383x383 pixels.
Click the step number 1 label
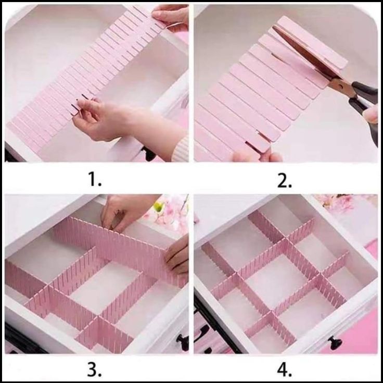click(x=95, y=179)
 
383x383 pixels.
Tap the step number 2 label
click(x=285, y=181)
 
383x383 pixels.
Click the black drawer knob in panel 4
click(x=335, y=342)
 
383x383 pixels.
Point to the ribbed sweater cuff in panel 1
click(x=180, y=149)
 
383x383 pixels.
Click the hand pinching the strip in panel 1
click(x=103, y=120)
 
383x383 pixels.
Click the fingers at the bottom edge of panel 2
click(x=257, y=156)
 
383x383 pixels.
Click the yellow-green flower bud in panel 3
click(x=159, y=207)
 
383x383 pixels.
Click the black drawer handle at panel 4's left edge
click(x=200, y=335)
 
